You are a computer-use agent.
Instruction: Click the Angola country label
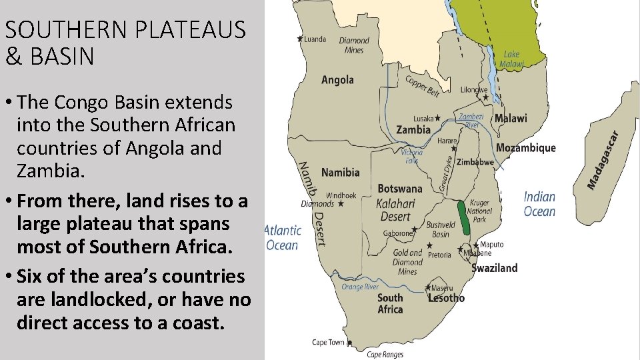pos(337,80)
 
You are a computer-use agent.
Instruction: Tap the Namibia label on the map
pos(340,173)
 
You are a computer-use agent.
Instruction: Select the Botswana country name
pos(400,189)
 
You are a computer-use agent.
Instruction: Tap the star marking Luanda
pos(300,39)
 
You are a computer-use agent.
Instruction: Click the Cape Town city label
pos(328,343)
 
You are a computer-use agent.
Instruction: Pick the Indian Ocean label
pos(539,204)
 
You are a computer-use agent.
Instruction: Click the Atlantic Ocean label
pos(283,237)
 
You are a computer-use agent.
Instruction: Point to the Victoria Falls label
pos(412,156)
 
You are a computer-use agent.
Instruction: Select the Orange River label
pos(360,287)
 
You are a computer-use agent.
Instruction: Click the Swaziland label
pos(494,268)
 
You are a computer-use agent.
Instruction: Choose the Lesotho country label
pos(446,298)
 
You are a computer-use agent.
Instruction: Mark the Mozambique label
pos(525,147)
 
